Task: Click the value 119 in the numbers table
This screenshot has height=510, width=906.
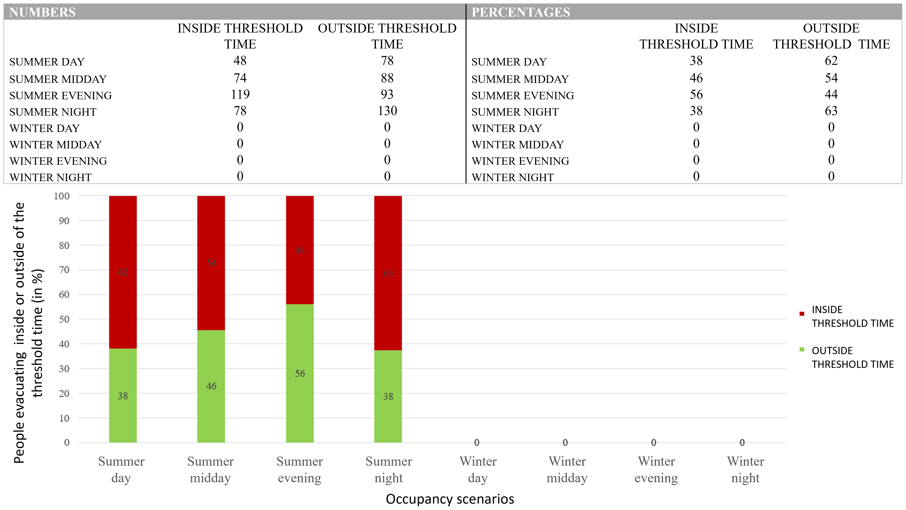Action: pos(240,94)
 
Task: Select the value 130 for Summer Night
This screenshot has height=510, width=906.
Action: pos(387,111)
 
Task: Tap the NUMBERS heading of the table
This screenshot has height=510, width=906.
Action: pos(42,12)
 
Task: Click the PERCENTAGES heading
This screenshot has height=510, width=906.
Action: pos(520,12)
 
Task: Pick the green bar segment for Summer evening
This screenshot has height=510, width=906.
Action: pos(300,373)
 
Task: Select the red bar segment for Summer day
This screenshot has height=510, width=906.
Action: pos(123,272)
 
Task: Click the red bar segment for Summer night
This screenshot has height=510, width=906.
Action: pos(388,273)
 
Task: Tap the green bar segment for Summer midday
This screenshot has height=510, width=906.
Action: pos(211,386)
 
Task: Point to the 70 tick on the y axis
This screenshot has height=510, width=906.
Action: pos(64,270)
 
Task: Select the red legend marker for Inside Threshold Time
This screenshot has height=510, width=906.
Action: pos(802,314)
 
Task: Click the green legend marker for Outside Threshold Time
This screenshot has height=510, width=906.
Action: pos(802,350)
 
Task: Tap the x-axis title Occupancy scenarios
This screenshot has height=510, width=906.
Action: pos(450,499)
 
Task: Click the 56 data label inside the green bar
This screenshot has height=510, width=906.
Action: pos(300,373)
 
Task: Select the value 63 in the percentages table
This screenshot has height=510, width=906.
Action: pos(831,111)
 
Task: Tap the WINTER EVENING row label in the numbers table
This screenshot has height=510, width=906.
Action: pos(58,161)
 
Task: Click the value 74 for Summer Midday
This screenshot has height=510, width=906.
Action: pos(240,78)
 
